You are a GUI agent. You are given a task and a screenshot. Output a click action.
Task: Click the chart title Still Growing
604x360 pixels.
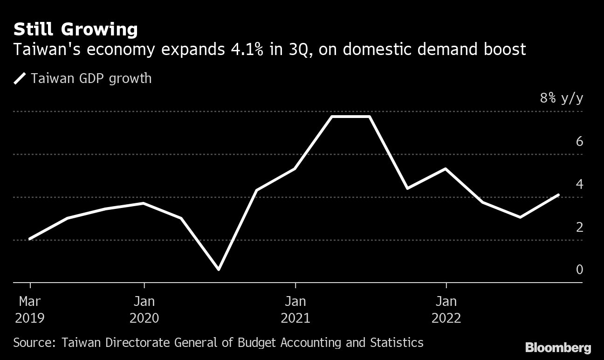[x=75, y=30]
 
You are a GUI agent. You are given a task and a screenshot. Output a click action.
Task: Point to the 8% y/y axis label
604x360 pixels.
[x=561, y=98]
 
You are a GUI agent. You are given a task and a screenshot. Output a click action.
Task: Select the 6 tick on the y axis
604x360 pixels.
[x=579, y=141]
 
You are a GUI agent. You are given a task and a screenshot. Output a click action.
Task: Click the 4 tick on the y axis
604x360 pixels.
[x=579, y=184]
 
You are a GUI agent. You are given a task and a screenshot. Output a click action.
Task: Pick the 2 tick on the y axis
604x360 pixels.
[x=579, y=227]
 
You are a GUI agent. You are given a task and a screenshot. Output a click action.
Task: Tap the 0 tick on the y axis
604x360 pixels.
[x=579, y=270]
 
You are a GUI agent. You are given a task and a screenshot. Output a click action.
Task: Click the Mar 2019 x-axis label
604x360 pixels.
[x=30, y=309]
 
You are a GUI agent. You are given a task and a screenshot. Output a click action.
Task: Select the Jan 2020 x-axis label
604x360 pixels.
[x=144, y=309]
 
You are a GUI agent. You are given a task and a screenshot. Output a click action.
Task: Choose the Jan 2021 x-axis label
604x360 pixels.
[x=295, y=309]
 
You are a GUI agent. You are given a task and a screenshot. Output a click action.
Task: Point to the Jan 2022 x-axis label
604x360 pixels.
[x=446, y=309]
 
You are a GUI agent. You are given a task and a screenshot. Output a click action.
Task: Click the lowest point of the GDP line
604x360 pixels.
[x=219, y=269]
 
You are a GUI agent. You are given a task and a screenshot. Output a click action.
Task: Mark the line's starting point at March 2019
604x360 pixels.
[x=30, y=239]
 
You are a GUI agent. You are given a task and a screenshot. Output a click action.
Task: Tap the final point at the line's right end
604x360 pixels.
[x=558, y=195]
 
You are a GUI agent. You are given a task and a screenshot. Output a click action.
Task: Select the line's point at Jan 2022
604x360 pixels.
[x=446, y=169]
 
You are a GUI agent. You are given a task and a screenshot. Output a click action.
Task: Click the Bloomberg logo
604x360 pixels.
[x=558, y=347]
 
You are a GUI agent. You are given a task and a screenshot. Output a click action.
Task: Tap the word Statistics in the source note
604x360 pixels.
[x=397, y=343]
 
